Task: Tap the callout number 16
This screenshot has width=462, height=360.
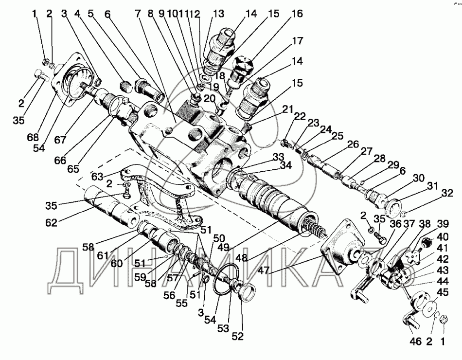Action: tap(296, 14)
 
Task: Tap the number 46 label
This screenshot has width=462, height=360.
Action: tap(414, 342)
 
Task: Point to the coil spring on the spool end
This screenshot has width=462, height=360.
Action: tap(315, 227)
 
